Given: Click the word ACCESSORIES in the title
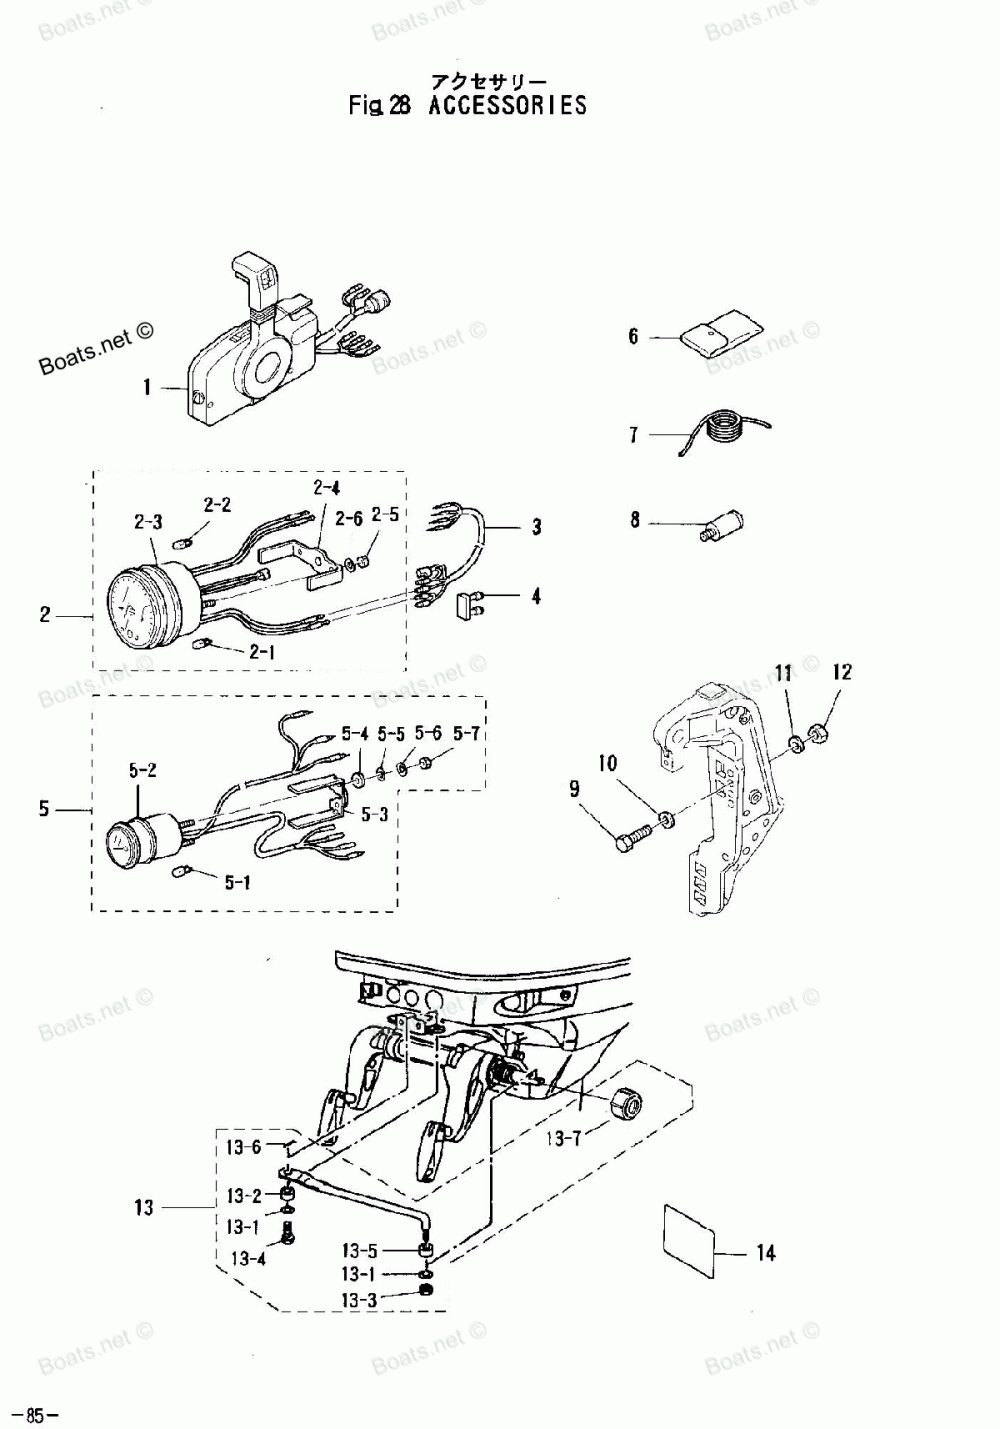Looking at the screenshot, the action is [x=507, y=105].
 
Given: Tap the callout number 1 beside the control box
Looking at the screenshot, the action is [x=147, y=387].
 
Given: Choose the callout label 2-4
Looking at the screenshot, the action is [x=326, y=488].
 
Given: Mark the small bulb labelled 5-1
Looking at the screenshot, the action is [x=182, y=872].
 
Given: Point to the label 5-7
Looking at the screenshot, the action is [x=466, y=733].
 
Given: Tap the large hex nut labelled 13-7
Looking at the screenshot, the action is [x=626, y=1104].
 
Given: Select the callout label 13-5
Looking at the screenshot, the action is [x=359, y=1250].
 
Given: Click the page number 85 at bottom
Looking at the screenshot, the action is [x=36, y=1415].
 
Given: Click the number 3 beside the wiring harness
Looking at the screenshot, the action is [x=536, y=527].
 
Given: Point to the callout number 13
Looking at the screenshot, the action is [x=144, y=1208].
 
